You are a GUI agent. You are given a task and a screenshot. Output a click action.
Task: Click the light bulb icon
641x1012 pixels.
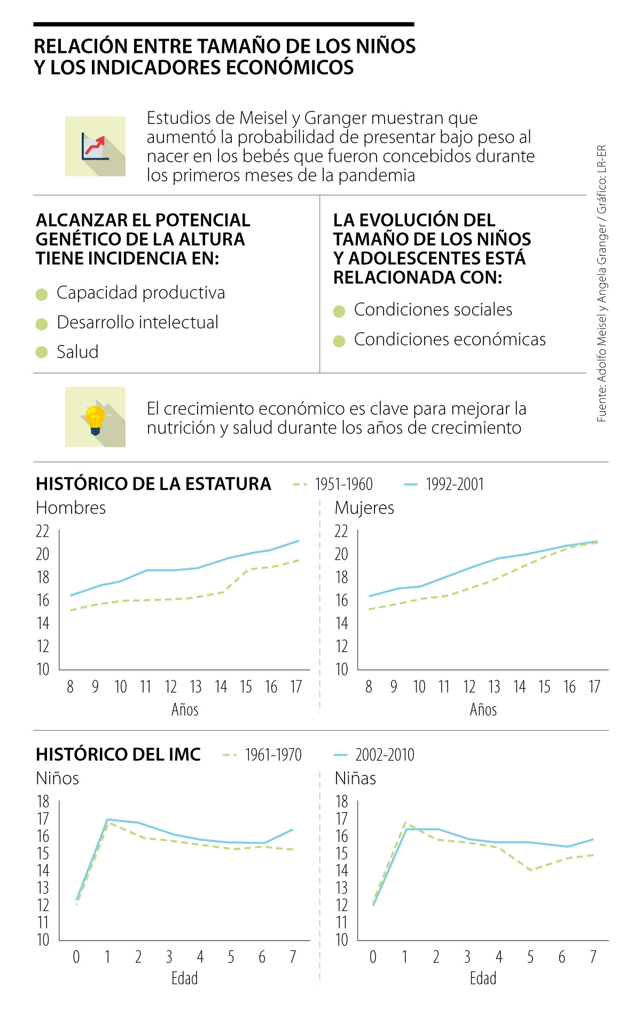96,418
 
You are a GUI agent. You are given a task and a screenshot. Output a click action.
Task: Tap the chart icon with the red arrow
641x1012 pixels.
96,146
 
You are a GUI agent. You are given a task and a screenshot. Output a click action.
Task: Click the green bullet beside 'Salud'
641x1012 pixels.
42,352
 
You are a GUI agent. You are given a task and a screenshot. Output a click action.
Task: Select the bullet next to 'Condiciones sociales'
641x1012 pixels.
339,311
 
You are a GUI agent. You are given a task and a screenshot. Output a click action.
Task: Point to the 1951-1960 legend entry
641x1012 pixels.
333,484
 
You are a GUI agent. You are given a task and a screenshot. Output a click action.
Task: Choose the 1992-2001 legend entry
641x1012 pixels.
444,484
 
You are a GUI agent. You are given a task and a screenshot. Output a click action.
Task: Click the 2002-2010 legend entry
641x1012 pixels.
374,755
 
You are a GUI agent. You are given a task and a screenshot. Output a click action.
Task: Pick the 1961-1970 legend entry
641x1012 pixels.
262,755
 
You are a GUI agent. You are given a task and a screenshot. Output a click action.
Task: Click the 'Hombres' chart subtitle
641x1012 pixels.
71,507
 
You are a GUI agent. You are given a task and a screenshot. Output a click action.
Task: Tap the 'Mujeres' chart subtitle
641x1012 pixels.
364,507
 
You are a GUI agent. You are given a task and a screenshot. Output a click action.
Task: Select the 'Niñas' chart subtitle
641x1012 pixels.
355,778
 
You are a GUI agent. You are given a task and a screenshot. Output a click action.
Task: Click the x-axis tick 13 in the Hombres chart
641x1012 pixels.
196,687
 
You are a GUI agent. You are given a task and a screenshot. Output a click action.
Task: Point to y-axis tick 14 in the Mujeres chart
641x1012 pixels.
341,623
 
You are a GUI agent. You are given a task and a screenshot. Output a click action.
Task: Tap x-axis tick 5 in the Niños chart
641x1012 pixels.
231,957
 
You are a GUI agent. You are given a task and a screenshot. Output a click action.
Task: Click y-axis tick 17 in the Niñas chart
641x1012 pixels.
341,819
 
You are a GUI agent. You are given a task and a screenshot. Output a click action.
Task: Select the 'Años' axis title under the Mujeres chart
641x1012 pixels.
483,710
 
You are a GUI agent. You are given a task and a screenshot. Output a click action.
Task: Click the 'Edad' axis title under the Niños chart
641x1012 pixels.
184,979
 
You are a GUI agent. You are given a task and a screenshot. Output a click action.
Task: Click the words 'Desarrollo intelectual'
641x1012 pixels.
138,323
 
